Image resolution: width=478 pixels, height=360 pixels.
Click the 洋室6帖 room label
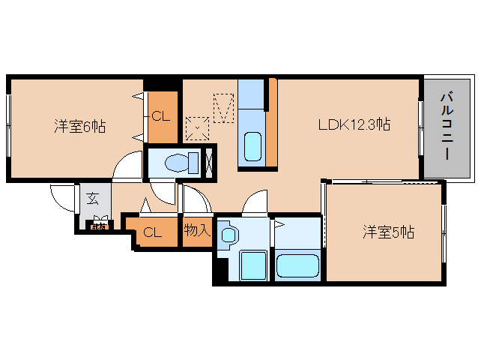pyautogui.click(x=79, y=127)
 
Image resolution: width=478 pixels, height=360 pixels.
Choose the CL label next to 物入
pyautogui.click(x=152, y=232)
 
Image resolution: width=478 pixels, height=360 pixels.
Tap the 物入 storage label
pyautogui.click(x=196, y=231)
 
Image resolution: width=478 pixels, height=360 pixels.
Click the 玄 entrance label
pyautogui.click(x=93, y=199)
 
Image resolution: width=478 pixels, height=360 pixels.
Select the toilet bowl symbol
pyautogui.click(x=177, y=162)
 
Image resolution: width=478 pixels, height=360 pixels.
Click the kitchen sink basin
pyautogui.click(x=252, y=144)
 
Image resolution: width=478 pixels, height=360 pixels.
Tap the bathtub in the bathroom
pyautogui.click(x=297, y=265)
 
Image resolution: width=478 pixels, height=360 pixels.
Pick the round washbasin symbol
pyautogui.click(x=230, y=235)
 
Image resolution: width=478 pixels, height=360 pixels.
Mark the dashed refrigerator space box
pyautogui.click(x=224, y=106)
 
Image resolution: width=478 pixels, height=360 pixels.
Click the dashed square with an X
pyautogui.click(x=197, y=127)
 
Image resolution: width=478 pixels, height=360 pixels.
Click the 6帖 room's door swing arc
pyautogui.click(x=127, y=166)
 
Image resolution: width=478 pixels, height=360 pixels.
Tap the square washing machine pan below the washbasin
pyautogui.click(x=253, y=265)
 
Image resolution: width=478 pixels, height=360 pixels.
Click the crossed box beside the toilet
pyautogui.click(x=210, y=161)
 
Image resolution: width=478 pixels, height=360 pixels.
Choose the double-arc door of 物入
pyautogui.click(x=196, y=201)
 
